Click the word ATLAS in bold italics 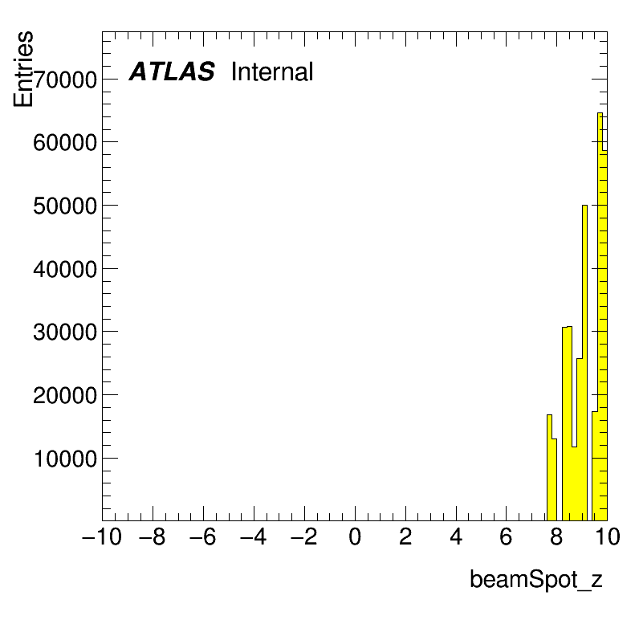point(172,71)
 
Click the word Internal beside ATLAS point(272,71)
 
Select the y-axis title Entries point(22,69)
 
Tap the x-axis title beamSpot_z point(536,579)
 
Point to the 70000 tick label point(65,80)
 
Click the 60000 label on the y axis point(65,143)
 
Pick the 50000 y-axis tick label point(65,206)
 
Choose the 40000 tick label point(65,269)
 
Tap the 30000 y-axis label point(65,332)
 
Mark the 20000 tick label point(65,395)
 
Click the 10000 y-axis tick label point(65,459)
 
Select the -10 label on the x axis point(102,536)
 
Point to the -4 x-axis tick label point(254,536)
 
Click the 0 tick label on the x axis point(355,536)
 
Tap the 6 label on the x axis point(507,536)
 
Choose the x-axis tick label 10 point(608,536)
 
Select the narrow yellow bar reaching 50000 point(584,363)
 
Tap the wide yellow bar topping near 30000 point(568,423)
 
